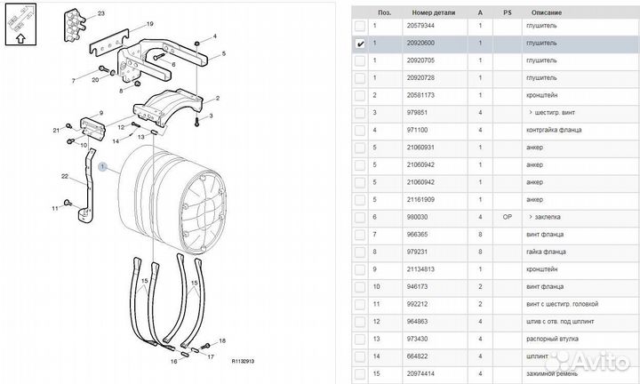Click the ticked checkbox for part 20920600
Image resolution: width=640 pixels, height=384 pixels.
tap(360, 44)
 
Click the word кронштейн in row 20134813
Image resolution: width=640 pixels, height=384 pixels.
tap(542, 268)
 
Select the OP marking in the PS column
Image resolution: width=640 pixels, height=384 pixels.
tap(508, 217)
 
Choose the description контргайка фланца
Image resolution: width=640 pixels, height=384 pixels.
tap(555, 130)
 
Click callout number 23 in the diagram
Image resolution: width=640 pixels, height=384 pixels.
tap(100, 14)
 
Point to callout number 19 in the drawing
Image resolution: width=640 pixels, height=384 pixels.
tap(150, 23)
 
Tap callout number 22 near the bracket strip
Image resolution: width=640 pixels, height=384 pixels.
tap(66, 178)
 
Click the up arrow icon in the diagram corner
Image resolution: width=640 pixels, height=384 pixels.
tap(19, 37)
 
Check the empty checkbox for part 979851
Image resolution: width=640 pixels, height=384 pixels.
tap(360, 113)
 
